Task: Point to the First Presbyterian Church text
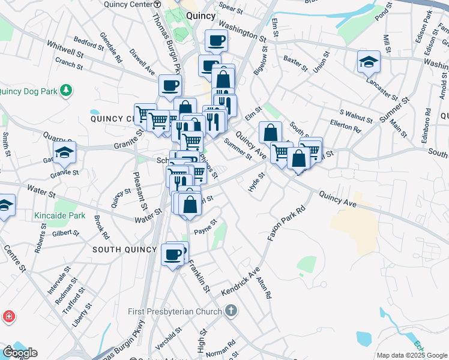point(175,311)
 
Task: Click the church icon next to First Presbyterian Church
point(232,311)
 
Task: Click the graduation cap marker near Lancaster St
point(369,61)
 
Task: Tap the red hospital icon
point(8,316)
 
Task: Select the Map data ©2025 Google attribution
point(411,355)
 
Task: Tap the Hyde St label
point(256,182)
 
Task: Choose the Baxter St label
point(295,61)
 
